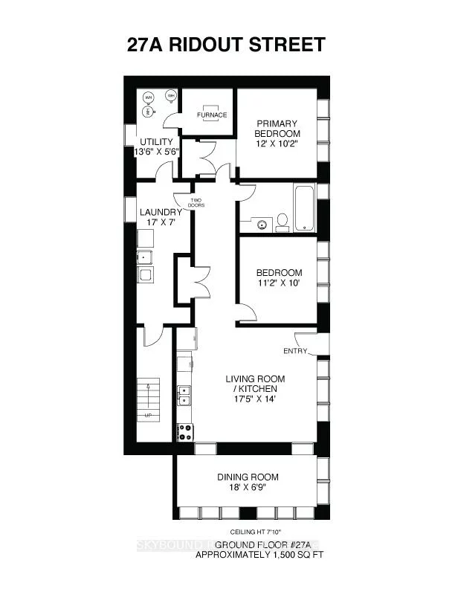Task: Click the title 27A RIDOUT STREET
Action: click(x=226, y=44)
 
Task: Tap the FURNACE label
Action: click(x=212, y=115)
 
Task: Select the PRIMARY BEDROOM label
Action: click(x=277, y=128)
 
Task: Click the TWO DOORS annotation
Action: click(x=196, y=202)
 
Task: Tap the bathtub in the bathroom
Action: click(x=305, y=210)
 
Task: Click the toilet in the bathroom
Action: click(x=283, y=221)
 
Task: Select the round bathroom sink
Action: click(x=261, y=222)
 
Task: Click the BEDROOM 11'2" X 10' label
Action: click(x=279, y=277)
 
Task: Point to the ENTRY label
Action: click(x=295, y=351)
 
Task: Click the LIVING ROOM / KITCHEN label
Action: click(x=255, y=384)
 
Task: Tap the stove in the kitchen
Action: click(x=184, y=431)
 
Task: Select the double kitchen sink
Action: click(x=184, y=395)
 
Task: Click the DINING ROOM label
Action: click(x=248, y=477)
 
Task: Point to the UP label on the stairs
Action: click(x=149, y=415)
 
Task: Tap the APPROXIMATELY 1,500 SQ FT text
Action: click(x=259, y=555)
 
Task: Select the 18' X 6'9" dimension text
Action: click(x=248, y=488)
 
